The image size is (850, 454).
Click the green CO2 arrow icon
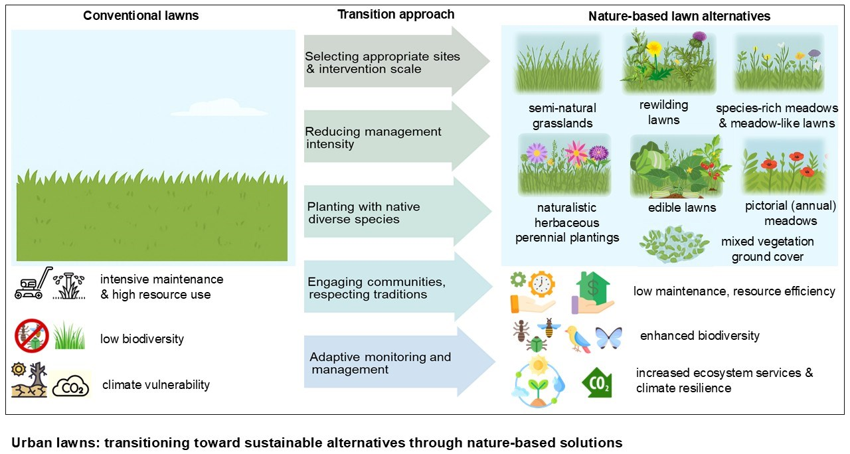click(596, 384)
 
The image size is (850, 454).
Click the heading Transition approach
click(396, 14)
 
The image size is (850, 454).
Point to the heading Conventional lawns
click(141, 16)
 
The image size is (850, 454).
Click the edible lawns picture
click(679, 166)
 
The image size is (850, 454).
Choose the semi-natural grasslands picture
click(557, 64)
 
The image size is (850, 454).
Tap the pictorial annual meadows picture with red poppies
click(784, 166)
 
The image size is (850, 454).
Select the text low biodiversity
click(142, 339)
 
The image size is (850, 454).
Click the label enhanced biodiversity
click(699, 336)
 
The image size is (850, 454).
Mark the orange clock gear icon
click(542, 283)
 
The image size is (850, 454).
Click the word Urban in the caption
click(29, 443)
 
